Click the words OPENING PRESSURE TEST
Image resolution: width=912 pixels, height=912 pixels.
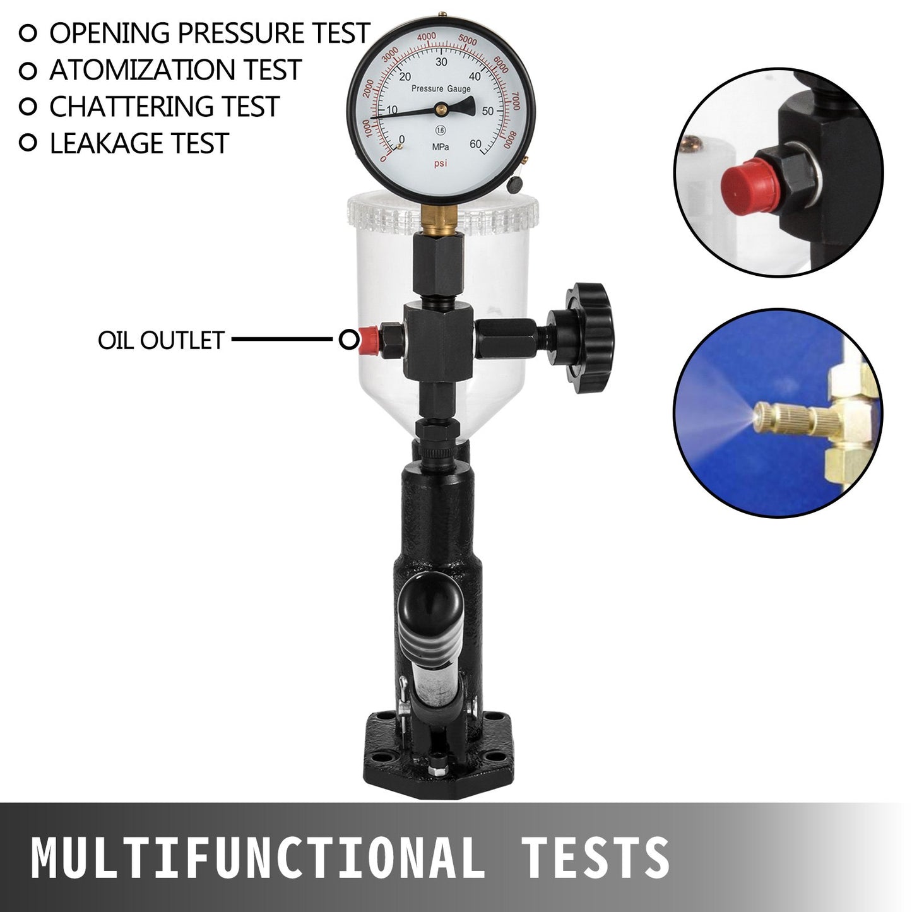(209, 33)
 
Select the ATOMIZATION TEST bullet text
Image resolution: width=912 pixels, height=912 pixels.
(175, 69)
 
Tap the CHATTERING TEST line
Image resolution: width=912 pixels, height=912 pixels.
(164, 107)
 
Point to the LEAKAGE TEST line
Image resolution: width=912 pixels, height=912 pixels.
(139, 143)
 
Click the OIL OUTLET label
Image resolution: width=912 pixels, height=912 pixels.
(161, 340)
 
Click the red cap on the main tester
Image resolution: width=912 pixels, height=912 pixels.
(367, 340)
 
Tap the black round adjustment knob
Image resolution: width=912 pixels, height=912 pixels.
(588, 338)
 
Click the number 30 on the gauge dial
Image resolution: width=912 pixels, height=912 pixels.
(441, 62)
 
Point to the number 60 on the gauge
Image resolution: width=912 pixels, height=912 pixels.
(475, 144)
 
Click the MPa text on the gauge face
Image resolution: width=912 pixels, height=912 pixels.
(441, 147)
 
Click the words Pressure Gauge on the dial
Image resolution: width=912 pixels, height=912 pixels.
(441, 89)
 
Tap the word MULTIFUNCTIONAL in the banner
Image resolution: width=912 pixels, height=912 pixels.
(256, 858)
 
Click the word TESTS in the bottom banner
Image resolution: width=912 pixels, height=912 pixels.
(595, 858)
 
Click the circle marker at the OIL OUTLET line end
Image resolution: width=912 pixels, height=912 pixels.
(348, 340)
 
